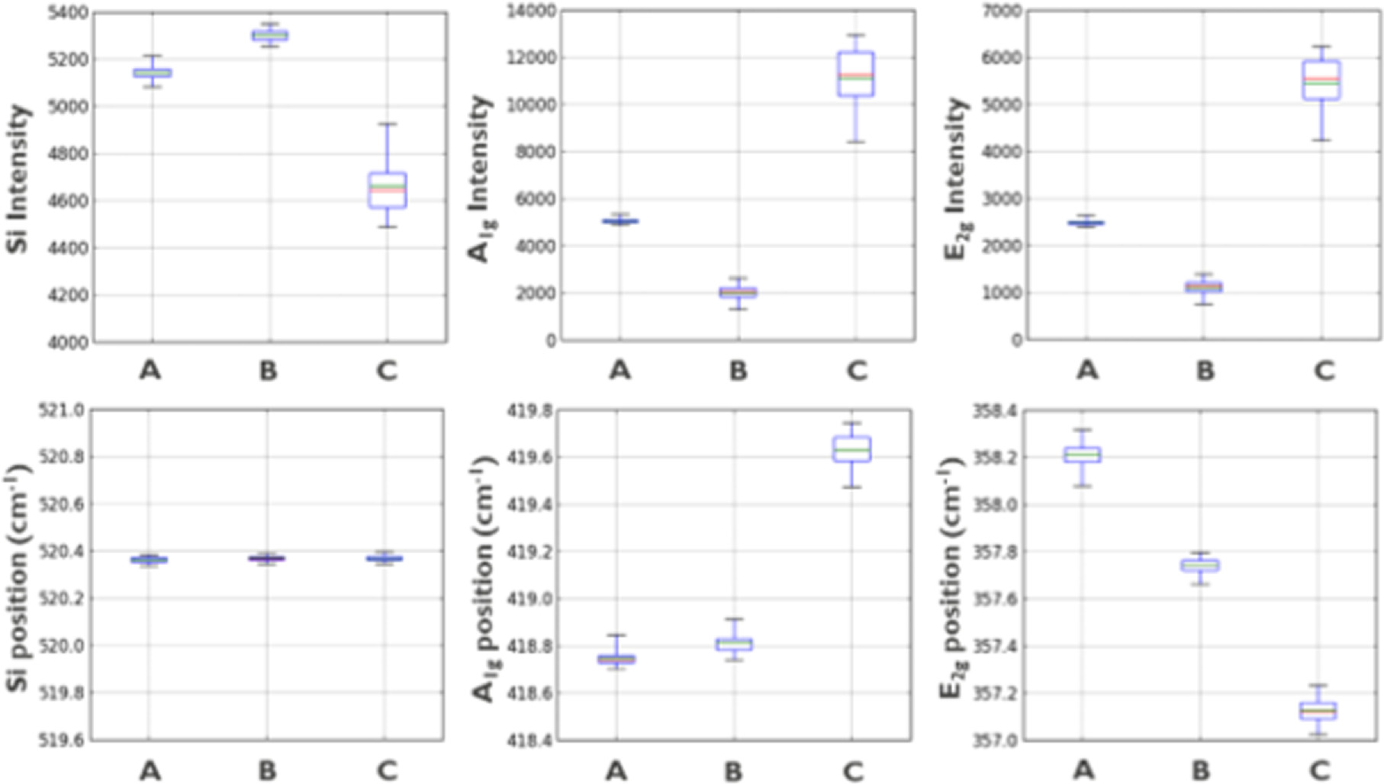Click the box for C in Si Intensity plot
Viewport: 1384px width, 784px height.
(x=388, y=190)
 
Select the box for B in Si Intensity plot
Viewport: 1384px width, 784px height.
(x=269, y=35)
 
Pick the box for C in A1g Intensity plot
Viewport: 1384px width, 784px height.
(x=856, y=74)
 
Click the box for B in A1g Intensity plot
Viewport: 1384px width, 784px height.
(x=738, y=292)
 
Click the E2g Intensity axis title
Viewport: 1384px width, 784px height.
(x=956, y=180)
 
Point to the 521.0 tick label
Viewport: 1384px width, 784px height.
(x=66, y=411)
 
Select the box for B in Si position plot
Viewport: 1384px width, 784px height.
(x=267, y=558)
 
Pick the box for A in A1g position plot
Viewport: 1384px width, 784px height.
(x=616, y=658)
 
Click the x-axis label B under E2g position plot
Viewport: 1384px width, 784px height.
(x=1200, y=771)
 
